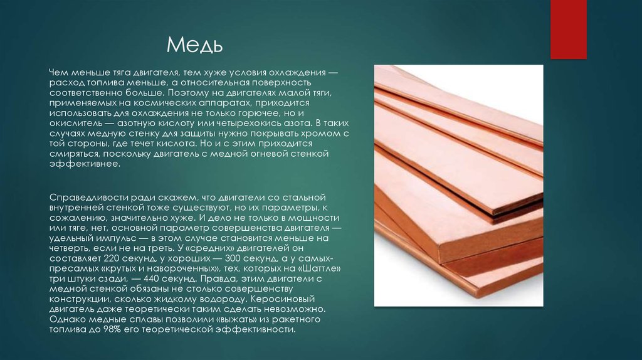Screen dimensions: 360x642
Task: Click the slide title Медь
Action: point(194,45)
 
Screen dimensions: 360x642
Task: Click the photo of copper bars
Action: point(458,185)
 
